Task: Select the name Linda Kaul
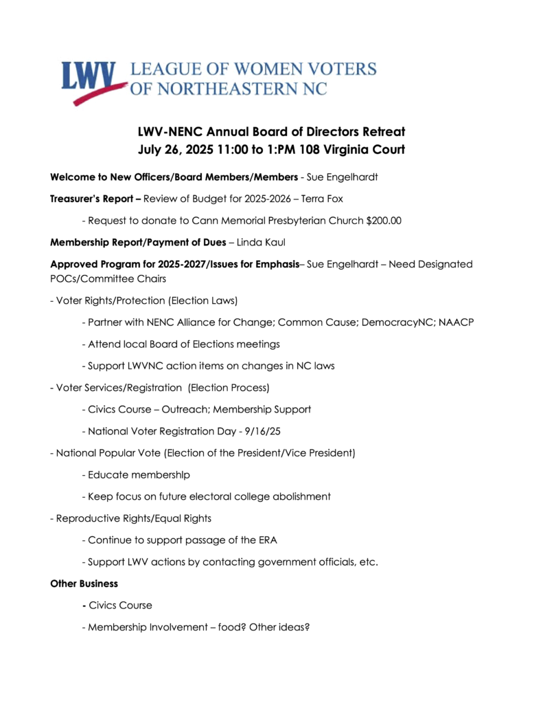point(267,243)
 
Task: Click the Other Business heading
point(84,584)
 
